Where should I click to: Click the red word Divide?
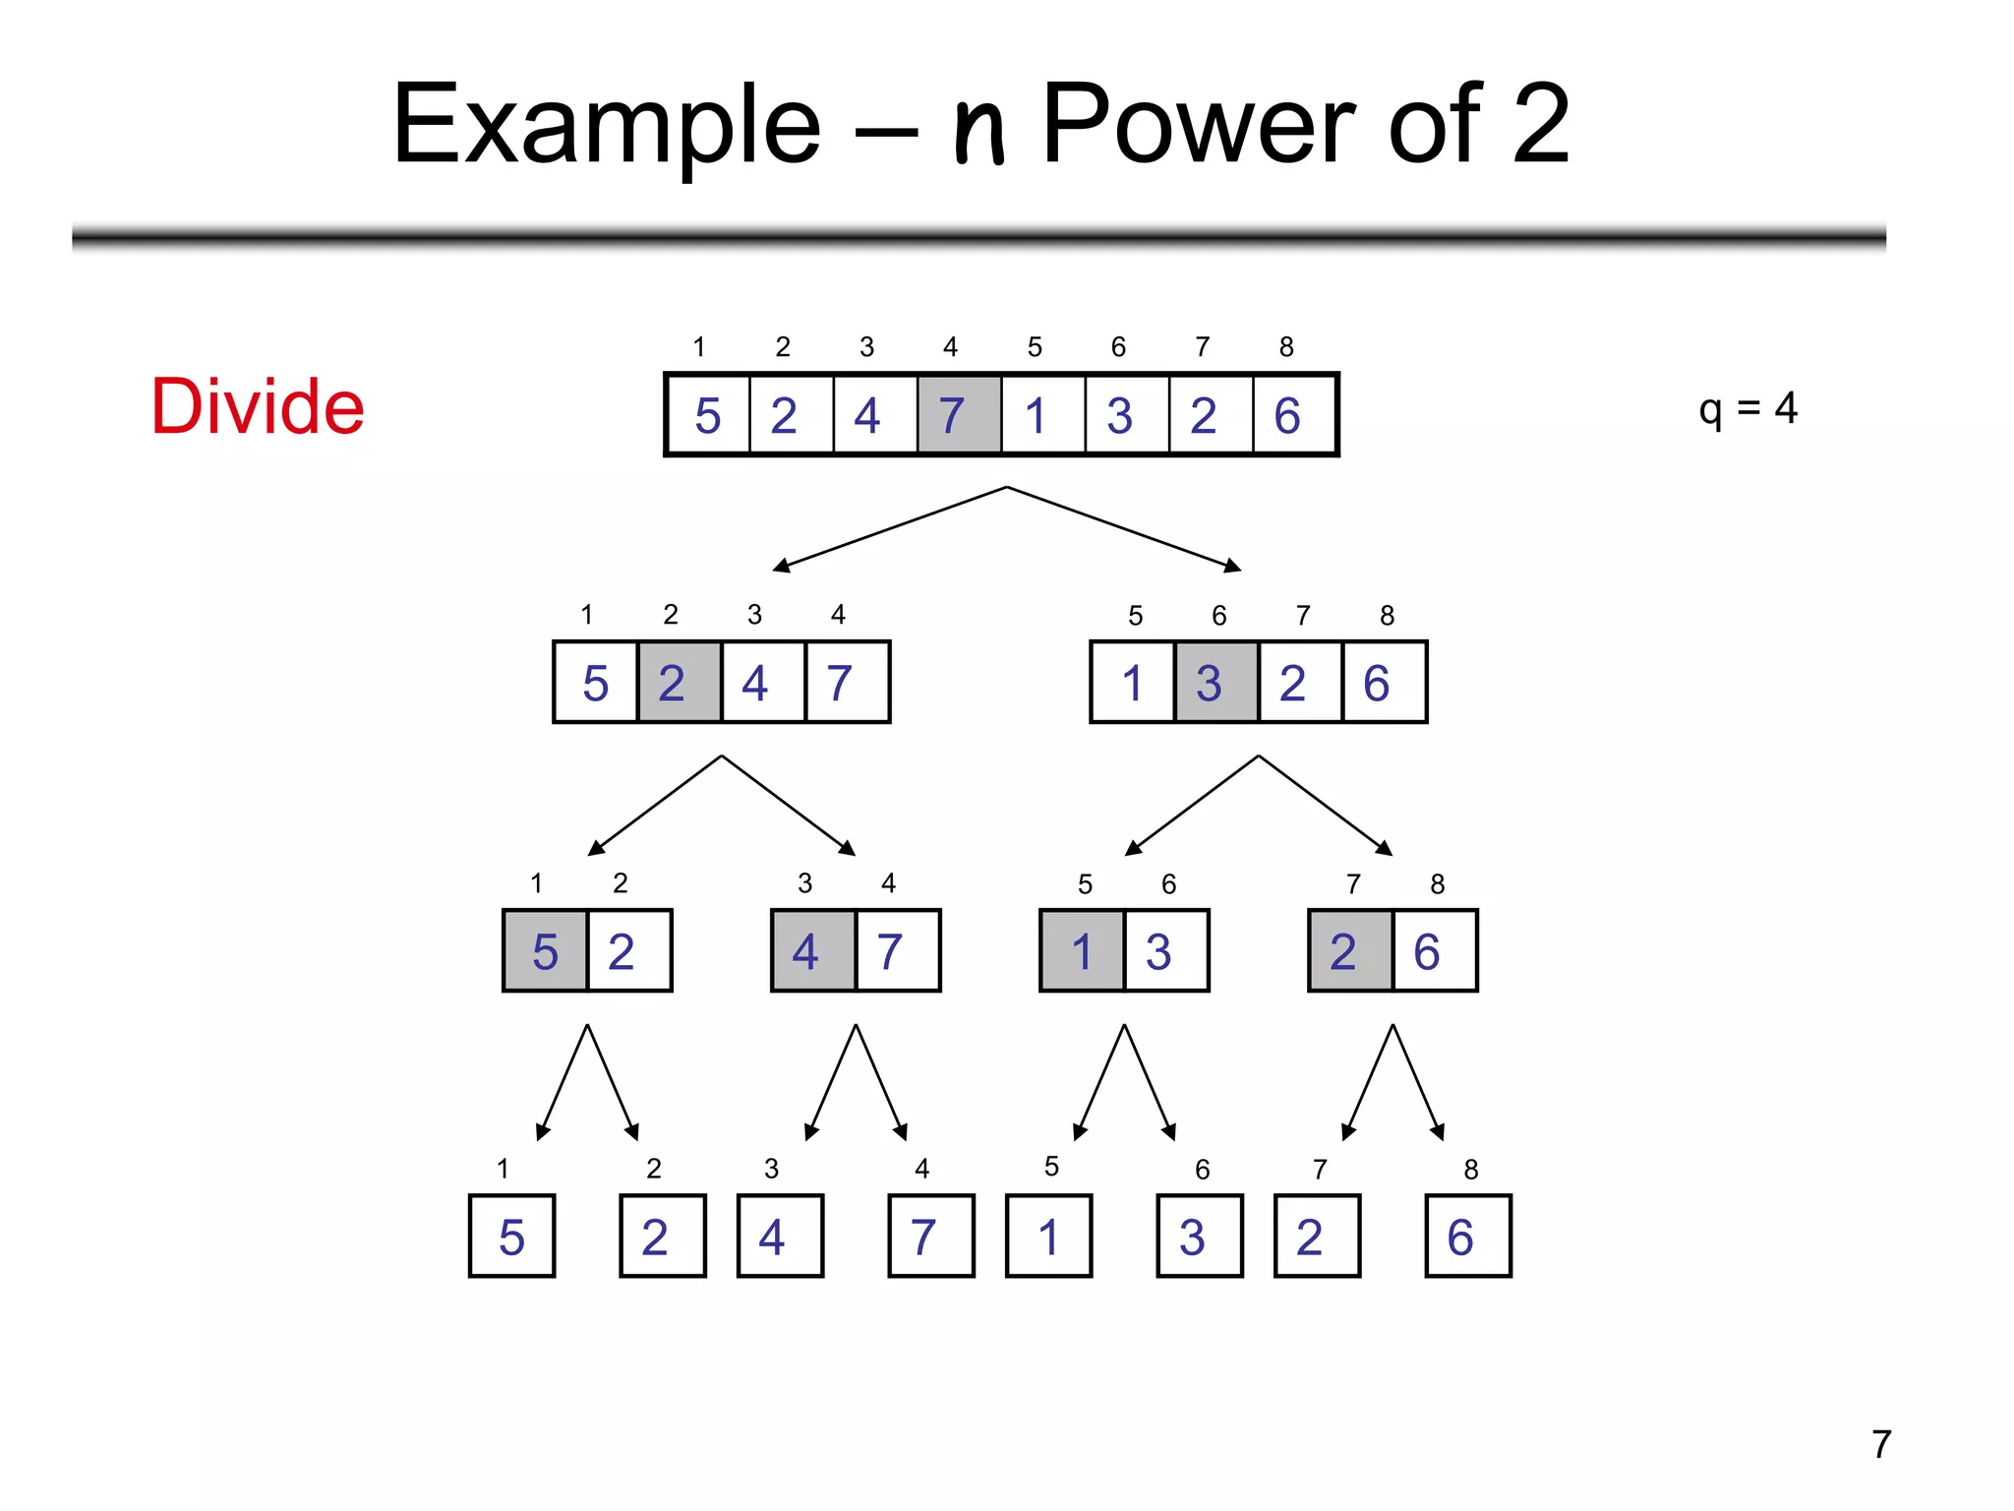coord(258,406)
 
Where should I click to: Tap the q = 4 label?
coord(1747,408)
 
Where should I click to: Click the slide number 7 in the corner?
coord(1880,1444)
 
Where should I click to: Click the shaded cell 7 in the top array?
coord(959,414)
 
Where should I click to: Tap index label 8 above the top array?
coord(1286,346)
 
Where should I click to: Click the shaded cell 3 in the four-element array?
coord(1215,683)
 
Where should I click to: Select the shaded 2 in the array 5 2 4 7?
coord(679,683)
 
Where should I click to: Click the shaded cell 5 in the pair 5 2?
coord(545,951)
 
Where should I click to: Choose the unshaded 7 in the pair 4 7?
coord(897,951)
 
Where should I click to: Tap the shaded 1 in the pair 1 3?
coord(1082,951)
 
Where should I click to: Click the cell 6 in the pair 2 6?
coord(1433,951)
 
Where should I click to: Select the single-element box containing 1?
coord(1048,1237)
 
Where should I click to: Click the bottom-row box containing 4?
coord(780,1237)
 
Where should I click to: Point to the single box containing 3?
coord(1199,1237)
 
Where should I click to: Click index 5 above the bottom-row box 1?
coord(1051,1167)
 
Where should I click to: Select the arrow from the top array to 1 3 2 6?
coord(1124,528)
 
